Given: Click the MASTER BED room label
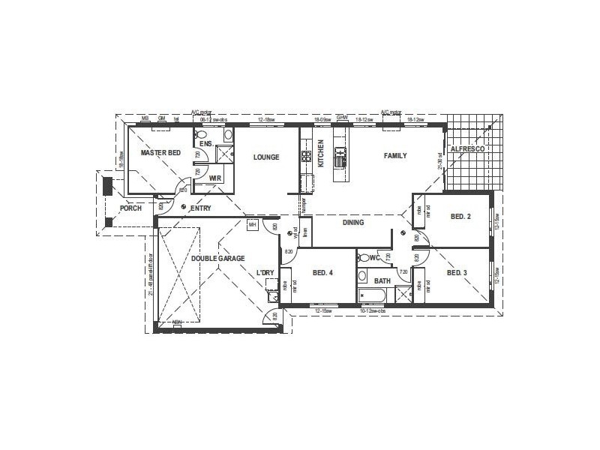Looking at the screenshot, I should [x=161, y=153].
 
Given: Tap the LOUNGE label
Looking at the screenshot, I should [x=266, y=157].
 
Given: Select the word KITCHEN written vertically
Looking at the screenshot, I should [x=320, y=153].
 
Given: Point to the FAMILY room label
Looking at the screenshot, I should [x=395, y=156].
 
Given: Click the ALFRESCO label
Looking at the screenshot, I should [x=468, y=150].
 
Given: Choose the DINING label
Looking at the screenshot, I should [x=352, y=223].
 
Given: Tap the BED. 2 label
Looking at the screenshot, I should [x=460, y=217].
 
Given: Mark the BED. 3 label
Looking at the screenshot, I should [x=457, y=273].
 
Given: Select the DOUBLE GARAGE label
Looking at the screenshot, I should [x=217, y=259].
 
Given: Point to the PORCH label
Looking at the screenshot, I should [x=130, y=208].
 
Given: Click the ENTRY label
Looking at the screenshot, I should [x=200, y=208].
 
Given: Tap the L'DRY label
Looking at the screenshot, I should [x=265, y=272].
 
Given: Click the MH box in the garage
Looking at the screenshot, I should [x=252, y=225].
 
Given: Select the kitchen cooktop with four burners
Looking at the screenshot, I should [x=306, y=157].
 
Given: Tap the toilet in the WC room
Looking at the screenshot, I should [x=364, y=259].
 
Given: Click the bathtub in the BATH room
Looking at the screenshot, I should [x=373, y=294].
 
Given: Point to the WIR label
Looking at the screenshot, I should [x=214, y=178].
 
